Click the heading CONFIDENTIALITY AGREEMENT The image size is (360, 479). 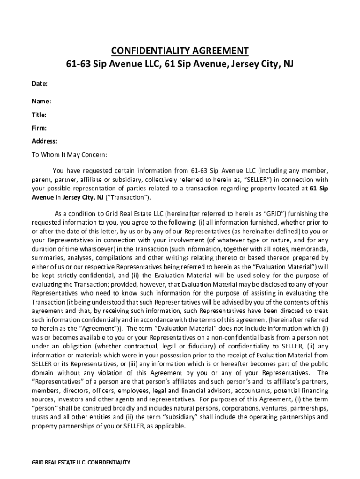click(x=180, y=51)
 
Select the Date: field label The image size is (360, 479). click(x=40, y=84)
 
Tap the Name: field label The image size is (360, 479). click(x=42, y=101)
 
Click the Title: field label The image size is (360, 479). click(x=39, y=115)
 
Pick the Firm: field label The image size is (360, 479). click(x=39, y=128)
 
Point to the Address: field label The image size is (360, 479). click(x=44, y=141)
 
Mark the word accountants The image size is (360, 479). click(x=255, y=390)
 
